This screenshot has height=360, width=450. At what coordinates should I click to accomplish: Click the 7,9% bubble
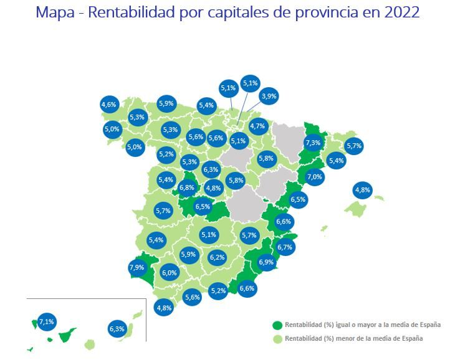136,268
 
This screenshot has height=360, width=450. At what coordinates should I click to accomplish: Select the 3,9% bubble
269,97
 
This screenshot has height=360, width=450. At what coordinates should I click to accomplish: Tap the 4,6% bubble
109,105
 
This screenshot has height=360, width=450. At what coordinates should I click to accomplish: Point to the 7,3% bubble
313,143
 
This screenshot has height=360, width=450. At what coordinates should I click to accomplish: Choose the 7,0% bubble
315,177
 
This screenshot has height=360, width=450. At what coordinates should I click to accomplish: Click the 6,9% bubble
266,262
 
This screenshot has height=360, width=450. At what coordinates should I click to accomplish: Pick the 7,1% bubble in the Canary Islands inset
47,322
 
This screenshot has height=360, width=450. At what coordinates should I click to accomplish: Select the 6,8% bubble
187,187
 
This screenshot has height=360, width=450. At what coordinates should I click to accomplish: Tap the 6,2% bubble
217,257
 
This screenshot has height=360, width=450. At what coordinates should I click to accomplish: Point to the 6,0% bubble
170,272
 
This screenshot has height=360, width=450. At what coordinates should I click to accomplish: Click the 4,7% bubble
258,126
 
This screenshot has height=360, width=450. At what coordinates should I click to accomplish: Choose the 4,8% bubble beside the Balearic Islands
362,190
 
